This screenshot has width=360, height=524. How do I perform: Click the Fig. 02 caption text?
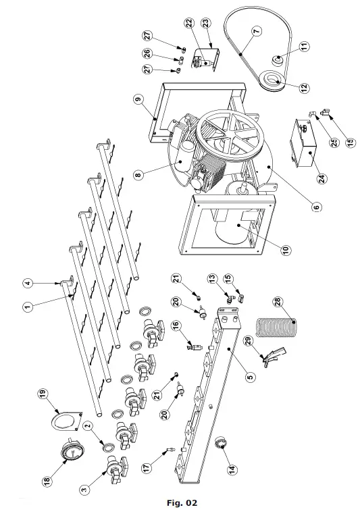click(x=181, y=503)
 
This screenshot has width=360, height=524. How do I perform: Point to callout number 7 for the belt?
click(x=256, y=31)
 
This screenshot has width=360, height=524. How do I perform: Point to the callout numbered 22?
click(x=188, y=23)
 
